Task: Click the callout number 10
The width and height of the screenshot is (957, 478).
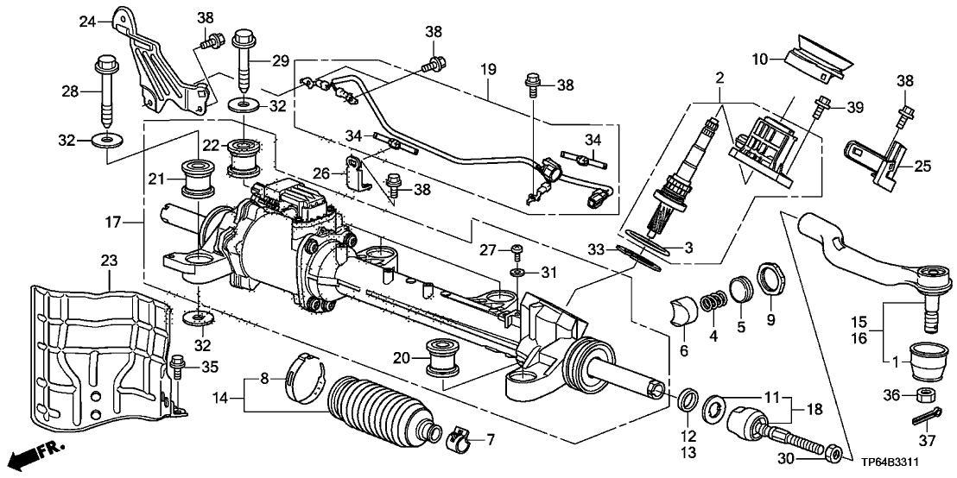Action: tap(759, 58)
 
